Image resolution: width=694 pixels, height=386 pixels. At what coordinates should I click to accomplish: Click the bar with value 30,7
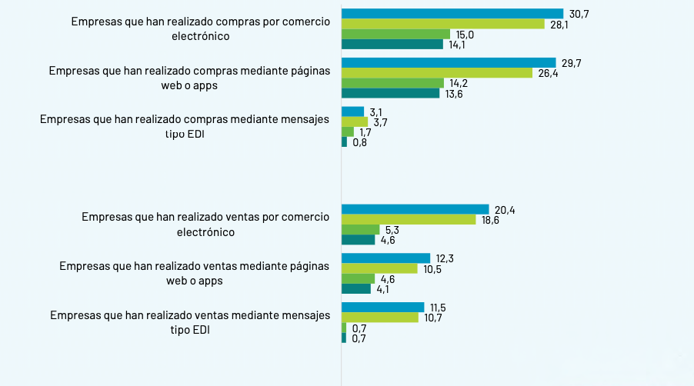(452, 14)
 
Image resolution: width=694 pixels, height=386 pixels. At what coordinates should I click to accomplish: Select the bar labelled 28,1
(442, 24)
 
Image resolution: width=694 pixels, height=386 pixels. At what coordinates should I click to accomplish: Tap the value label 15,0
(464, 35)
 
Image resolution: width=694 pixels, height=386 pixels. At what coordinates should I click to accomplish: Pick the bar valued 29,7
(449, 62)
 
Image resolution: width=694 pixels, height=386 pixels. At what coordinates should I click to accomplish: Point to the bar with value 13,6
(390, 94)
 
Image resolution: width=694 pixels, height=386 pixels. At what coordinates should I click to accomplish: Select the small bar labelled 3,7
(355, 121)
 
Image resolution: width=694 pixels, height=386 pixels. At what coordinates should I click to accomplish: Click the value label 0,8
(359, 142)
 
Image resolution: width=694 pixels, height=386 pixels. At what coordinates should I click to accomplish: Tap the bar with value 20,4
(415, 209)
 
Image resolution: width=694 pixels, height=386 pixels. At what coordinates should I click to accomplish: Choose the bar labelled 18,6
(409, 219)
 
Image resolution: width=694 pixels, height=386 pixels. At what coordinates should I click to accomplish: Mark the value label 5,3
(392, 230)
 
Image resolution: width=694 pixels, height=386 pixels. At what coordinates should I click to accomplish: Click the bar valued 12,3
(385, 258)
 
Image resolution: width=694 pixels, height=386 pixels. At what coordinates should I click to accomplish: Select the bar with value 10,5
(379, 268)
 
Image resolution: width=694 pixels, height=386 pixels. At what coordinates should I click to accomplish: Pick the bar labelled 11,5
(382, 307)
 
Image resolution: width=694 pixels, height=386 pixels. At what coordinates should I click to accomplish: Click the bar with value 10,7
(379, 317)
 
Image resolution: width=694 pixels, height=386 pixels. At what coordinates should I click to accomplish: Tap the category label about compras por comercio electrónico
(200, 28)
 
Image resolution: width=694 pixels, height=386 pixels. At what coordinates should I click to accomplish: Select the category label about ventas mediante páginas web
(194, 273)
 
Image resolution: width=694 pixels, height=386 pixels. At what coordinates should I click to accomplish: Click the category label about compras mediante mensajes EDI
(185, 126)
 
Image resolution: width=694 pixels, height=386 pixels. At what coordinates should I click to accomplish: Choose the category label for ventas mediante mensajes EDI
(189, 322)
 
